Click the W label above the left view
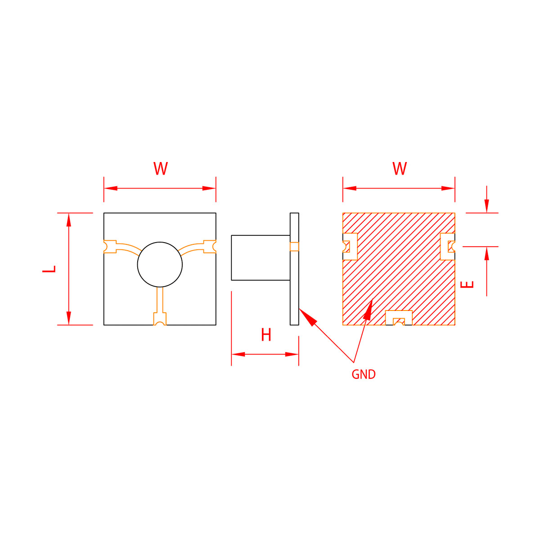tap(160, 168)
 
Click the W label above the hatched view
tap(399, 168)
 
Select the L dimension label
tap(49, 269)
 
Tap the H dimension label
tap(266, 335)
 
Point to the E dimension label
tap(467, 284)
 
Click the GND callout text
tap(364, 374)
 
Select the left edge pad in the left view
tap(110, 247)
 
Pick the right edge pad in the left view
tap(210, 247)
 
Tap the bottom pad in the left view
tap(160, 319)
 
